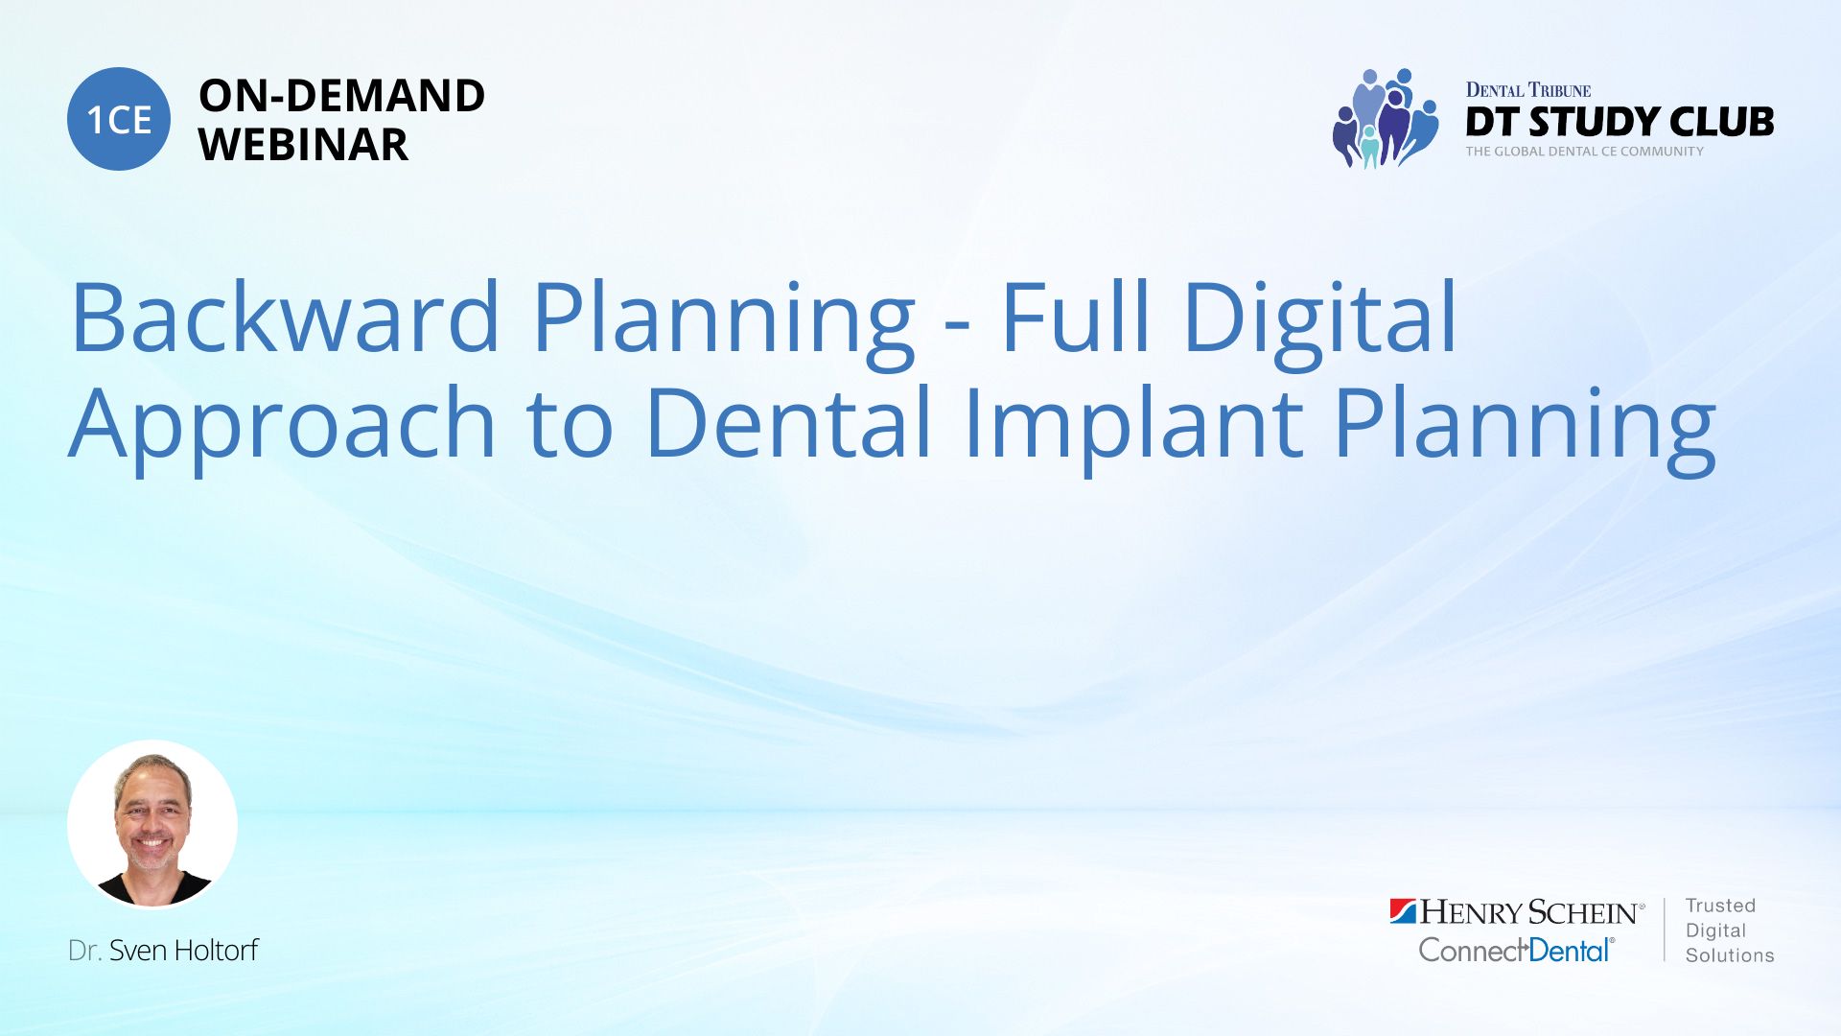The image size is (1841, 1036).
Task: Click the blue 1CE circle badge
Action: coord(119,119)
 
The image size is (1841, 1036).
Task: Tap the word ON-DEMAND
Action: coord(341,96)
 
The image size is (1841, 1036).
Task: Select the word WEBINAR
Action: coord(303,145)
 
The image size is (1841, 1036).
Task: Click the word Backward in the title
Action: coord(286,317)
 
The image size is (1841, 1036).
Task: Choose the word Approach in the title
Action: coord(282,422)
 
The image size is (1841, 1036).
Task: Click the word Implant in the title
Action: coord(1133,422)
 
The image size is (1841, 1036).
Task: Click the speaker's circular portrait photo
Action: coord(152,824)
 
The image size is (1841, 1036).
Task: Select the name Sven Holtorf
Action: coord(183,951)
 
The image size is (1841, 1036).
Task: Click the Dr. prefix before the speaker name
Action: coord(84,951)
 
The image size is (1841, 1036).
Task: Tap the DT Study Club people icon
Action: coord(1385,118)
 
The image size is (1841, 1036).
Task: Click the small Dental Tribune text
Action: coord(1527,90)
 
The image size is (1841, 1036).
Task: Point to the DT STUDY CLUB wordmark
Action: coord(1620,122)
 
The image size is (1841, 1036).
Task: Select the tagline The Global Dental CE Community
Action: coord(1584,152)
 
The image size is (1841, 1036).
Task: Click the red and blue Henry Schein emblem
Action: coord(1403,910)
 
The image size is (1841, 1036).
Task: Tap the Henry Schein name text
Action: coord(1531,911)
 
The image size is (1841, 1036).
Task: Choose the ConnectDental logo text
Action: coord(1516,950)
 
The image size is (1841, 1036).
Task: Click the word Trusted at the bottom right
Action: coord(1720,906)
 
